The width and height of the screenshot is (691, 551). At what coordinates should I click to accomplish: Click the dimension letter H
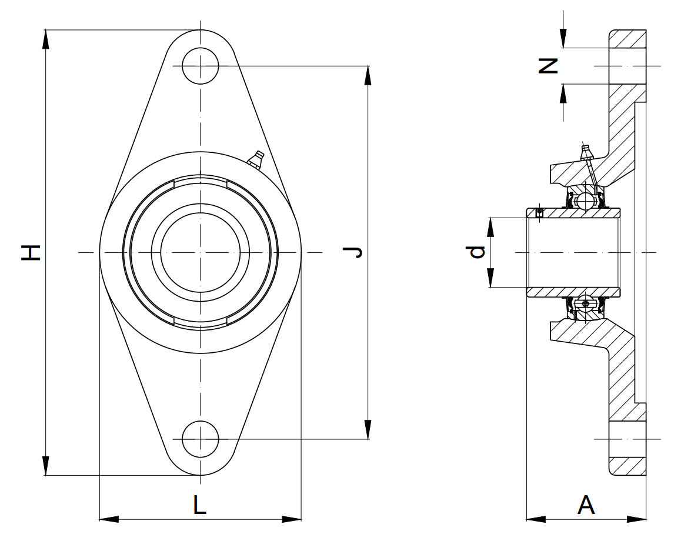(31, 252)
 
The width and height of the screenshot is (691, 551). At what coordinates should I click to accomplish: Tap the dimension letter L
(201, 505)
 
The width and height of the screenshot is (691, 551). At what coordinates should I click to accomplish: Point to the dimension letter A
(586, 505)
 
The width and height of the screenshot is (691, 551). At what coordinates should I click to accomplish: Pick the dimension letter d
(477, 252)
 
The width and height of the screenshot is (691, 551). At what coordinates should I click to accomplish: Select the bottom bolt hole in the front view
(200, 439)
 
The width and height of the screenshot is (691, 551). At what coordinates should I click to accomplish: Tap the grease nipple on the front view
(256, 158)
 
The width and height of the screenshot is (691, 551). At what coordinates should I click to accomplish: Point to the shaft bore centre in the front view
(200, 252)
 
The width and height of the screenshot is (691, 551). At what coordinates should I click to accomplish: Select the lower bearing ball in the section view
(585, 303)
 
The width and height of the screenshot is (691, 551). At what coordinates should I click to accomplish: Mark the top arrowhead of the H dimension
(45, 38)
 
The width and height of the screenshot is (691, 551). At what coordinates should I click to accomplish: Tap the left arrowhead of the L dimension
(108, 519)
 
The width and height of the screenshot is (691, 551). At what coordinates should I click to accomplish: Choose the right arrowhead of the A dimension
(637, 519)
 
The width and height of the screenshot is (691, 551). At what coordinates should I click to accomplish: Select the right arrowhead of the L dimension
(292, 519)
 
